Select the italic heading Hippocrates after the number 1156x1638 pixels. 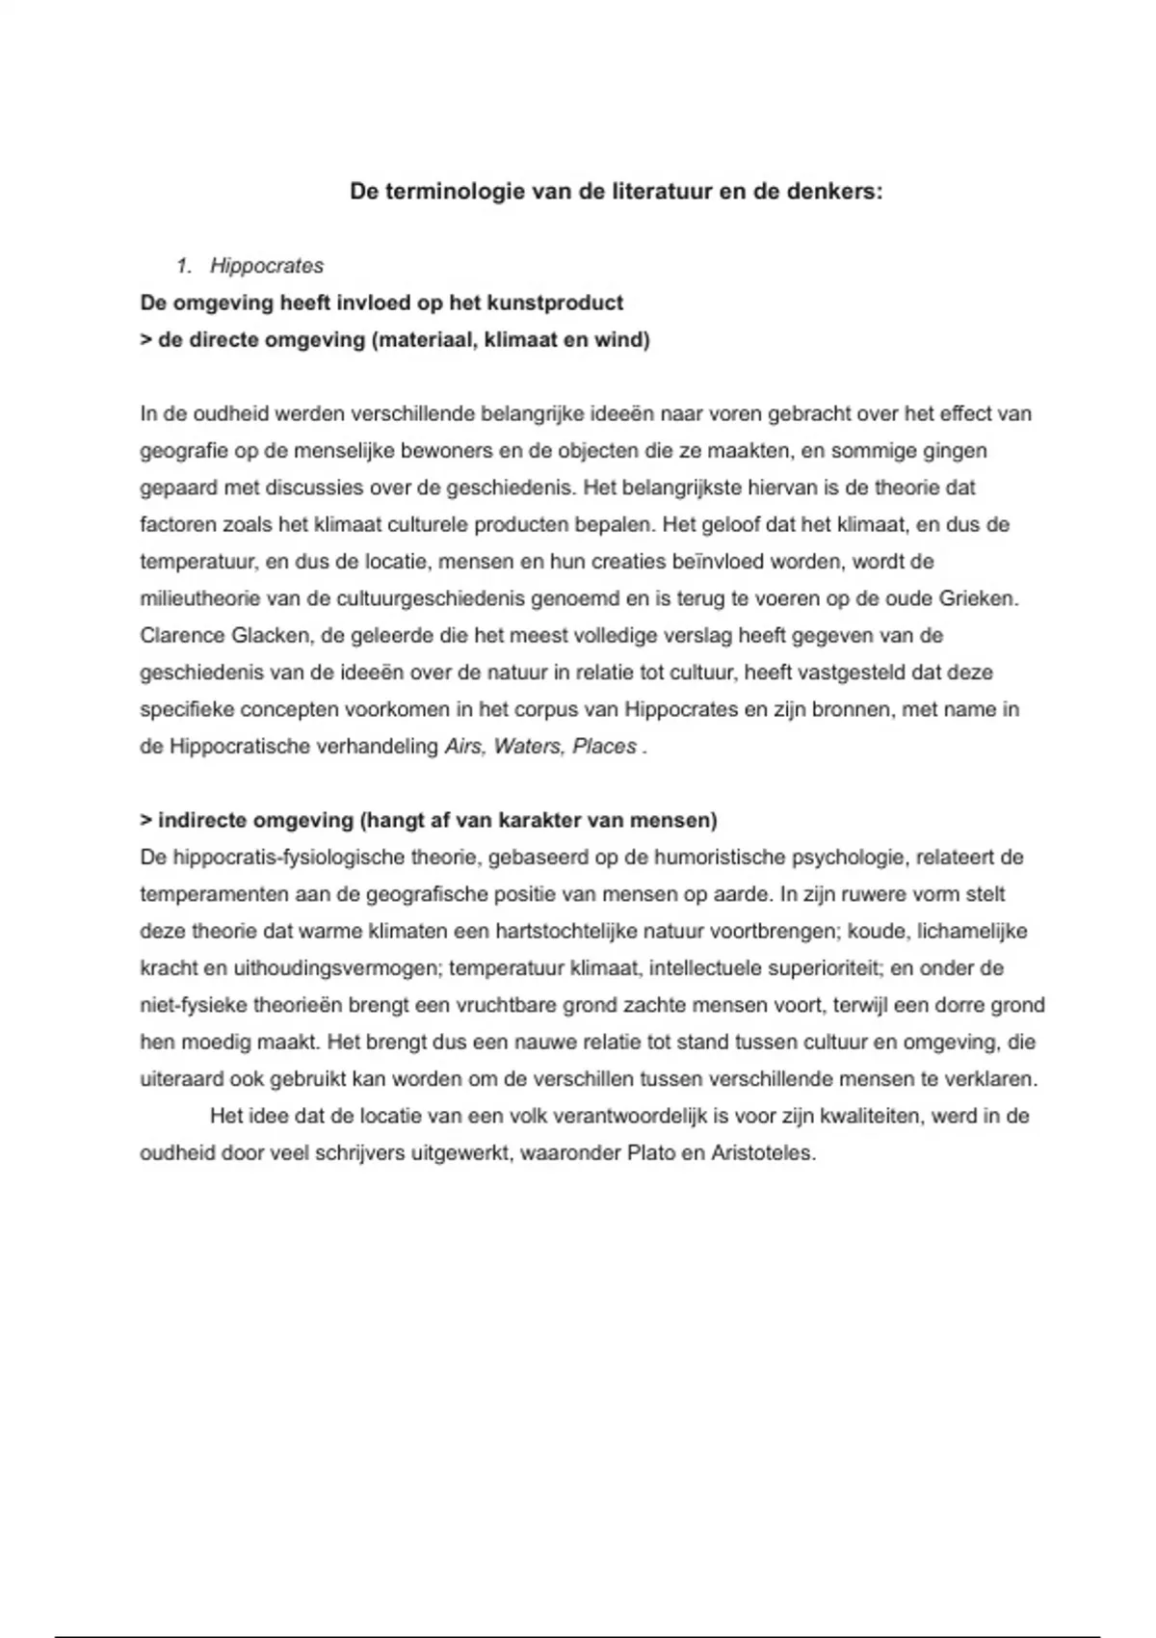[267, 266]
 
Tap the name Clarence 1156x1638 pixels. [182, 636]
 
